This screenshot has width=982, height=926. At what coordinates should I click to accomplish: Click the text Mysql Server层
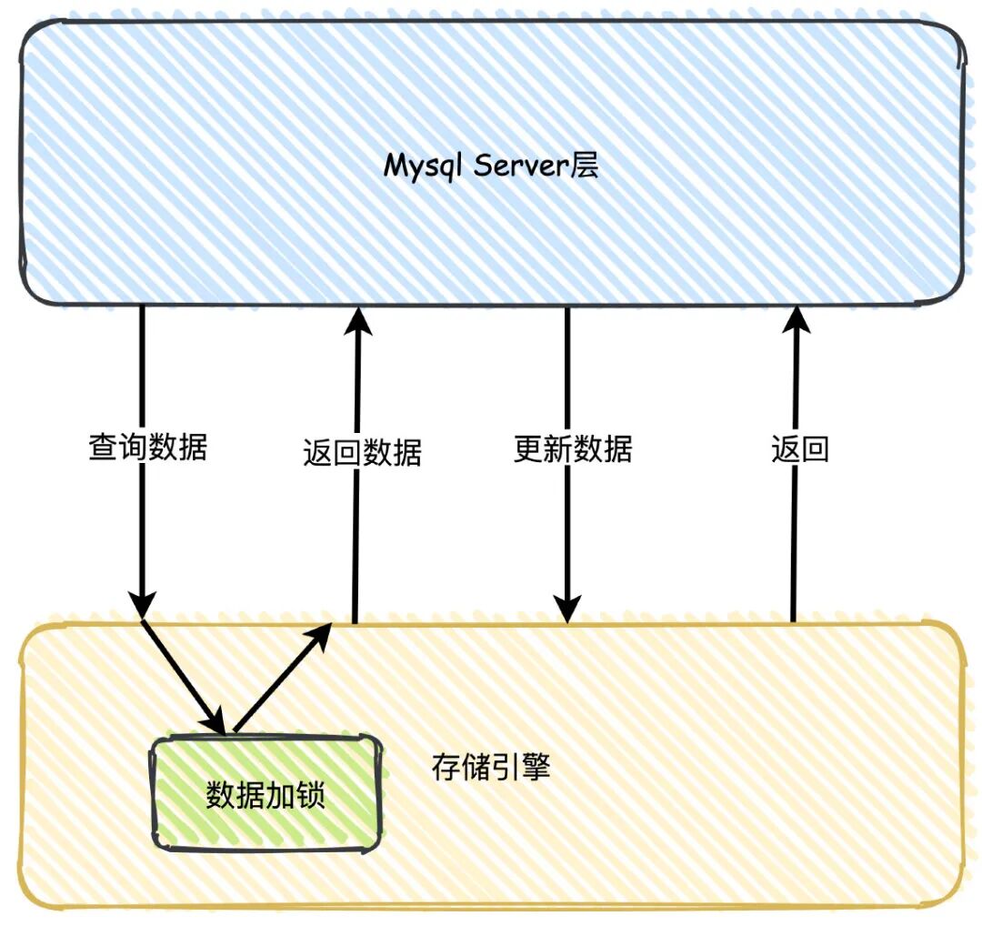coord(491,166)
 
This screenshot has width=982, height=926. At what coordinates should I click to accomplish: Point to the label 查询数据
coord(147,448)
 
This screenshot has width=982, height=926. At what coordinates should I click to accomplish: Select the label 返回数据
coord(362,452)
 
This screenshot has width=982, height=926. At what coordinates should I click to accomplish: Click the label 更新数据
coord(572,449)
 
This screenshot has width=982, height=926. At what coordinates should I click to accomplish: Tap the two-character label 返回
coord(800,449)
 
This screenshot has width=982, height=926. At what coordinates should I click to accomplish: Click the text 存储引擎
coord(491,769)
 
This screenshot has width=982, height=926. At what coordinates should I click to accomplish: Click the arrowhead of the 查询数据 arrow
coord(143,605)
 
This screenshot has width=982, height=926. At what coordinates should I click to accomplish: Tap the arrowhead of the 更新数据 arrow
coord(567,608)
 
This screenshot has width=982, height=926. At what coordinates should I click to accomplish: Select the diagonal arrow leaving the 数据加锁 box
coord(280,678)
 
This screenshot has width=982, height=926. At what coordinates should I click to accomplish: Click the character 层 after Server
coord(586,166)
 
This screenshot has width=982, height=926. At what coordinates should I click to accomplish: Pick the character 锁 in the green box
coord(310,796)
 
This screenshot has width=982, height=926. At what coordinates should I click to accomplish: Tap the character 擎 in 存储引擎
coord(536,769)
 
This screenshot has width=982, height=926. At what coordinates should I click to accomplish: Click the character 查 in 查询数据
coord(103,448)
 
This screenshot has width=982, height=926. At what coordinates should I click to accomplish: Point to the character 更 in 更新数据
coord(528,449)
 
